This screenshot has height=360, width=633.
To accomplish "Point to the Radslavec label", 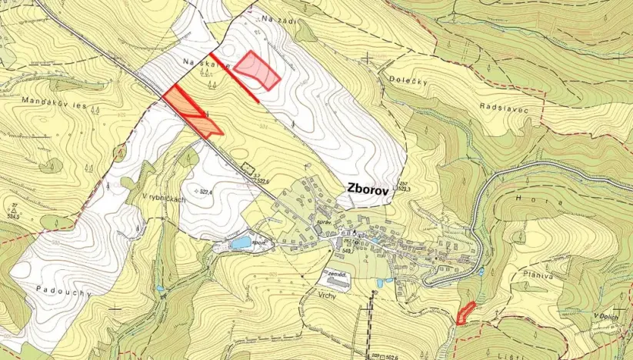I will point(501,107).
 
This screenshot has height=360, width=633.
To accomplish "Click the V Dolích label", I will point(607,315).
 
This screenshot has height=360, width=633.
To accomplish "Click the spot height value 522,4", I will point(204,192).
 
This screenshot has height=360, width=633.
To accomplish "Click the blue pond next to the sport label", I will point(241,242).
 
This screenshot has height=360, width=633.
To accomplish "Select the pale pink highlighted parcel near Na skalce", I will point(257,70).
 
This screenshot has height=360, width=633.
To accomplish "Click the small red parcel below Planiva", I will point(465,312).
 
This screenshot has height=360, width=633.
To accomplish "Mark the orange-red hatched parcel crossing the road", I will point(192,112).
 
